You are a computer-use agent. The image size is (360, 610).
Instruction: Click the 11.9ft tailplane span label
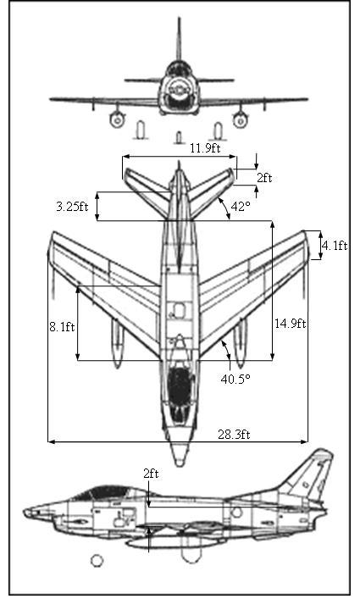205,148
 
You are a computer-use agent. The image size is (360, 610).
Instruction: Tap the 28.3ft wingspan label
234,434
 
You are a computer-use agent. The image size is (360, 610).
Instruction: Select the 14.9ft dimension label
290,324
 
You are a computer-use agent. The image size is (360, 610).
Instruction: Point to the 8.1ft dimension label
62,327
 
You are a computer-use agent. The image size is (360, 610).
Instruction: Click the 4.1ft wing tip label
335,246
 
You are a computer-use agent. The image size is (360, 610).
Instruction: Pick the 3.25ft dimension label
72,206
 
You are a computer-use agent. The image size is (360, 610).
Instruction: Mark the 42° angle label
241,206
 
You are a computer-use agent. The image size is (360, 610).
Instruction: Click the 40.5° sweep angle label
235,379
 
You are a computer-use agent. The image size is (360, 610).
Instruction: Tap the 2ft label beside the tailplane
264,178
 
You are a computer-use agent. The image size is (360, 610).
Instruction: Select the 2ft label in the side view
151,474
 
